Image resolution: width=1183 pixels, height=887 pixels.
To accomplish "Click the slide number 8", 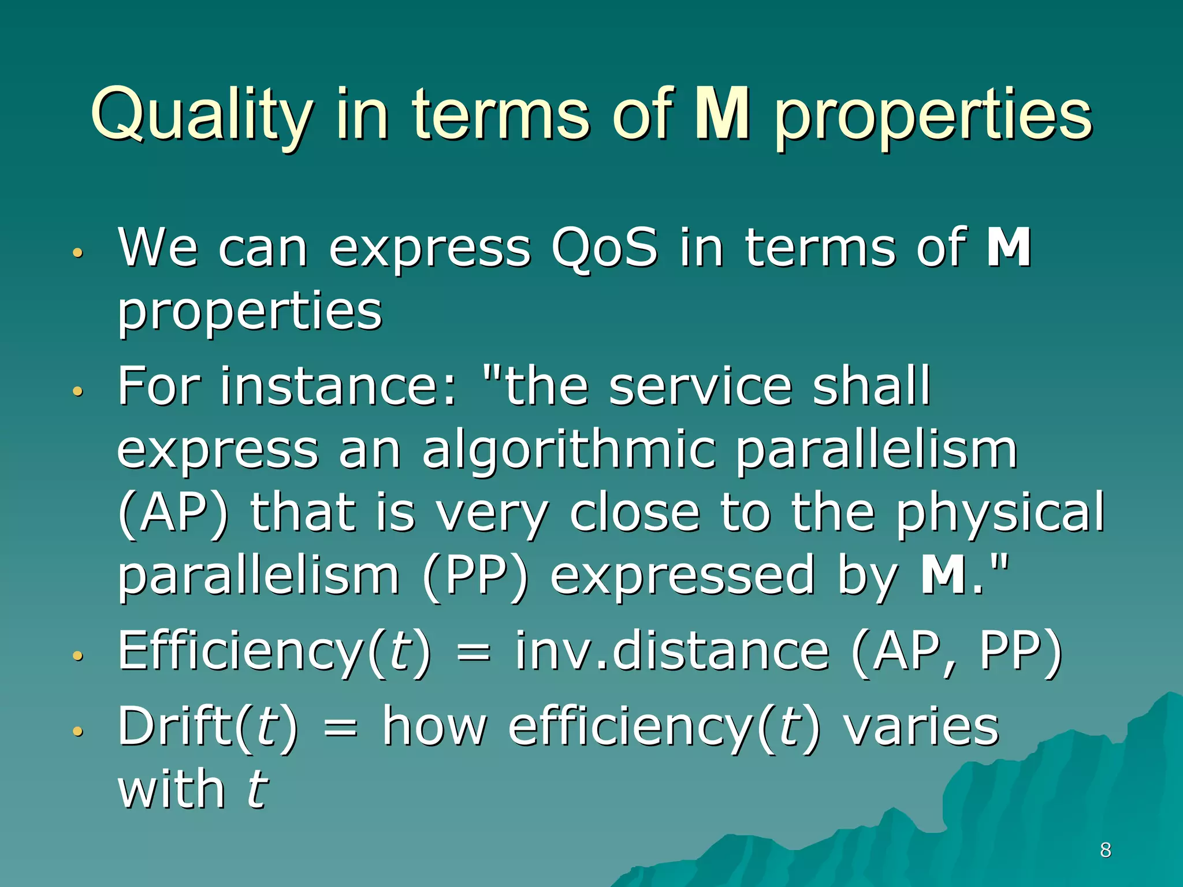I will [1106, 850].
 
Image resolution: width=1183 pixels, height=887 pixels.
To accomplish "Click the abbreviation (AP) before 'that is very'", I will [173, 513].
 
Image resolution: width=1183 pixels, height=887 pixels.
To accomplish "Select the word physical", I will [1000, 513].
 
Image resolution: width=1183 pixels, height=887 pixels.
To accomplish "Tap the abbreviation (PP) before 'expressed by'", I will [475, 576].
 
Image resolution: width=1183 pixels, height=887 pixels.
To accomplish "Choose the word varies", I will [921, 726].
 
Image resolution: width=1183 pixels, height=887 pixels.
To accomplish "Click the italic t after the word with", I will [256, 790].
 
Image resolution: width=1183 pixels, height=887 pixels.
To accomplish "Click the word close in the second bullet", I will [634, 513].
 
